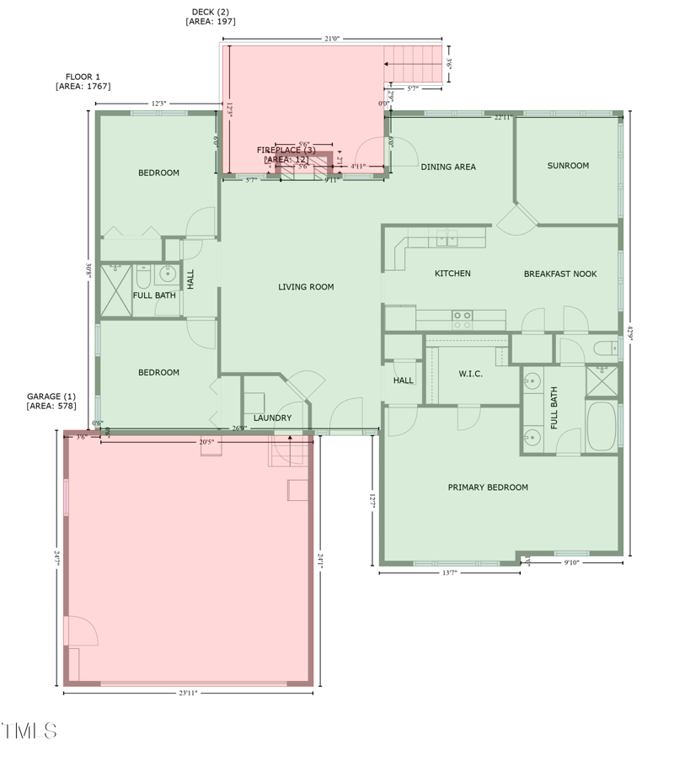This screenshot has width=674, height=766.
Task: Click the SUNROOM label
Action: pyautogui.click(x=568, y=166)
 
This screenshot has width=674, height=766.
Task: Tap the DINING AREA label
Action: pyautogui.click(x=448, y=167)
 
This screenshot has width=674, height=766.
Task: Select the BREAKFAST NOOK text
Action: pyautogui.click(x=560, y=274)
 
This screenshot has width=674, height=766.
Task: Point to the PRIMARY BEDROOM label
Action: pyautogui.click(x=488, y=487)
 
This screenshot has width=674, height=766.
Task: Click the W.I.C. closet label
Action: pyautogui.click(x=471, y=374)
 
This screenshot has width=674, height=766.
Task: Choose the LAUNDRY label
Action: pyautogui.click(x=272, y=418)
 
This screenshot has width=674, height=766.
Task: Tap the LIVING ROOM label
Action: pyautogui.click(x=306, y=287)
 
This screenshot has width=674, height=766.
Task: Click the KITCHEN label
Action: pyautogui.click(x=452, y=274)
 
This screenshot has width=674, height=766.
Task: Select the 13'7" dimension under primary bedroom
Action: pyautogui.click(x=449, y=573)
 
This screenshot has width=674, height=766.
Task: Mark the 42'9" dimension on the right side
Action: pyautogui.click(x=630, y=332)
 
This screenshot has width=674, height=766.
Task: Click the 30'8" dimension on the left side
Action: pyautogui.click(x=88, y=270)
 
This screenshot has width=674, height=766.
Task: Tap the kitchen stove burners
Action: pyautogui.click(x=462, y=320)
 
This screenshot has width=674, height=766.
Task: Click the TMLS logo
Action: pyautogui.click(x=29, y=730)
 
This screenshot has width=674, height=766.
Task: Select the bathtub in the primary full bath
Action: pyautogui.click(x=601, y=427)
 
